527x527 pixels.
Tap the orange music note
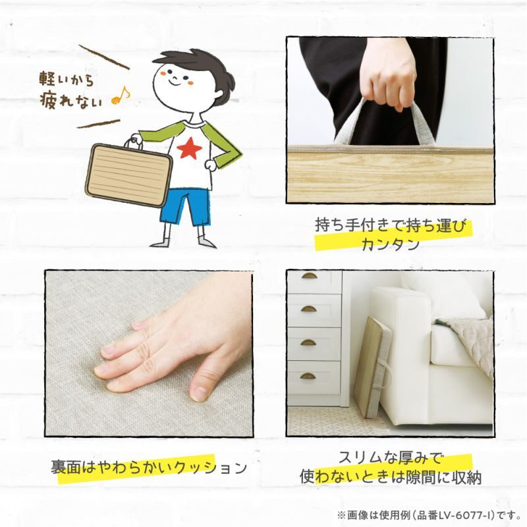point(121,96)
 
